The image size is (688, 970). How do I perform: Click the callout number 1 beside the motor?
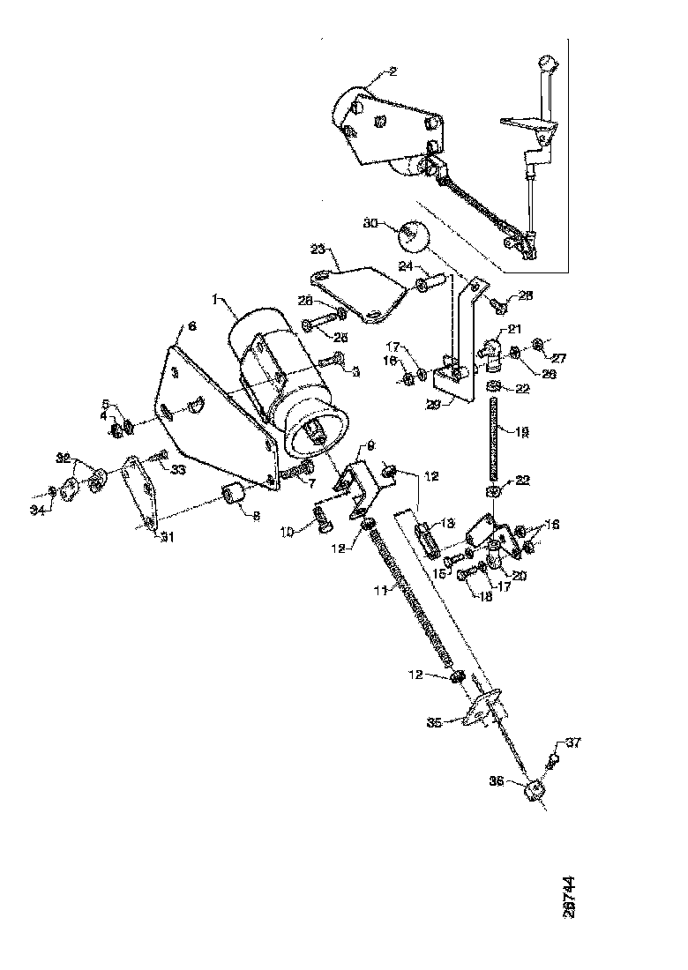[x=213, y=300]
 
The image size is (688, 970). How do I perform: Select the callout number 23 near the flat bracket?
[x=318, y=250]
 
